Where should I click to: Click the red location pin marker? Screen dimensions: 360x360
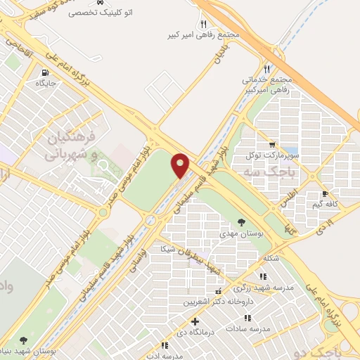pyautogui.click(x=181, y=165)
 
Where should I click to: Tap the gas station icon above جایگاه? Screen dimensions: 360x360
pyautogui.click(x=46, y=72)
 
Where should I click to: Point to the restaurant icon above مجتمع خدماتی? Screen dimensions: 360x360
pyautogui.click(x=266, y=69)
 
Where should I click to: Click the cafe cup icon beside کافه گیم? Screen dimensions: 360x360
pyautogui.click(x=325, y=193)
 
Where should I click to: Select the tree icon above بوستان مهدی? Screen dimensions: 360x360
pyautogui.click(x=242, y=221)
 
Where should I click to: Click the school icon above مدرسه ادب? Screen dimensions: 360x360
pyautogui.click(x=165, y=345)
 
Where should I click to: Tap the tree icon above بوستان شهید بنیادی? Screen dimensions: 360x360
pyautogui.click(x=25, y=340)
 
